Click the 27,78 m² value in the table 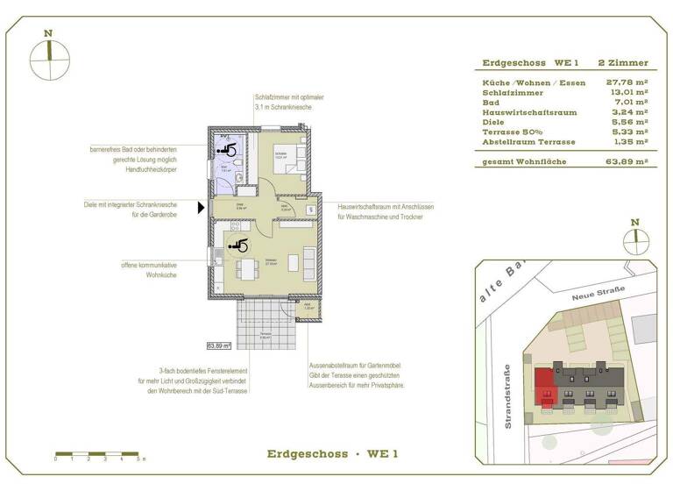627,82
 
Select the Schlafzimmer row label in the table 513,92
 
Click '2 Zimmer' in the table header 622,63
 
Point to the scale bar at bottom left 96,453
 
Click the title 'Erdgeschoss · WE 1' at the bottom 332,453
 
